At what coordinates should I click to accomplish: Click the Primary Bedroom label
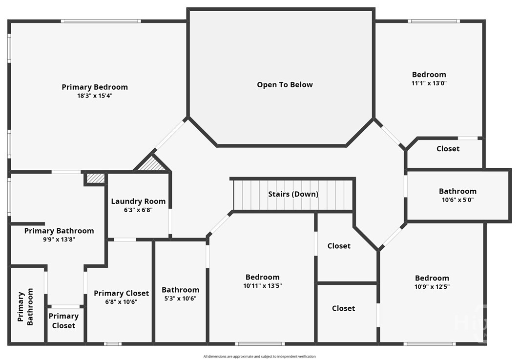(95, 87)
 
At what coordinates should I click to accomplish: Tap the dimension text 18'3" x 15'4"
(95, 96)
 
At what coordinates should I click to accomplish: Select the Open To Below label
(285, 84)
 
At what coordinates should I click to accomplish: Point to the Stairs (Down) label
(293, 194)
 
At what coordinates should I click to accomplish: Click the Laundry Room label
(138, 201)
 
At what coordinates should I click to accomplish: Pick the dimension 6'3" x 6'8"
(138, 210)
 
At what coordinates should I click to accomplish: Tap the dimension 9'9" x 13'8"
(59, 240)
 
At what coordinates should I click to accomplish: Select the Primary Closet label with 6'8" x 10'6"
(121, 293)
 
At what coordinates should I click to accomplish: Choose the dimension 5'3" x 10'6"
(180, 299)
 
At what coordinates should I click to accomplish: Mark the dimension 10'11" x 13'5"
(262, 286)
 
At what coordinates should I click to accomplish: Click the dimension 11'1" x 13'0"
(429, 83)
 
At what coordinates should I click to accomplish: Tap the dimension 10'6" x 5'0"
(457, 200)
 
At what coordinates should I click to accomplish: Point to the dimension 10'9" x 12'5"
(432, 287)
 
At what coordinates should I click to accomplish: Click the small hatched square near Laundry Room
(95, 178)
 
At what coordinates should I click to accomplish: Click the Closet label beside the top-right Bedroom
(448, 148)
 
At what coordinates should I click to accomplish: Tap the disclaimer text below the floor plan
(259, 357)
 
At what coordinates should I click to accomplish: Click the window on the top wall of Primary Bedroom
(101, 21)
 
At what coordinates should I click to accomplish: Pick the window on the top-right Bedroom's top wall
(434, 21)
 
